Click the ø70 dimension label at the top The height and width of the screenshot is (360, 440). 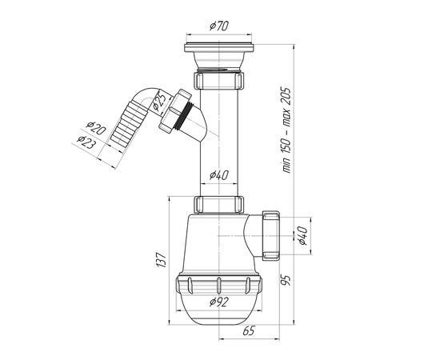point(219,26)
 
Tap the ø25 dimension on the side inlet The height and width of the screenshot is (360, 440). point(159,102)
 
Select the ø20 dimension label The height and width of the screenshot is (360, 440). point(96,128)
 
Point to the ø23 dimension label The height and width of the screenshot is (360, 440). point(86,142)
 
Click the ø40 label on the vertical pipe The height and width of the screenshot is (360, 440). point(219,175)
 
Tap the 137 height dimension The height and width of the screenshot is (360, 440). point(162,260)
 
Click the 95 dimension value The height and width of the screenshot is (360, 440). point(285,280)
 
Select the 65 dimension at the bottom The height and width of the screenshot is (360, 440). point(249,331)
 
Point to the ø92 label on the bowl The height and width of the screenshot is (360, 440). point(219,302)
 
